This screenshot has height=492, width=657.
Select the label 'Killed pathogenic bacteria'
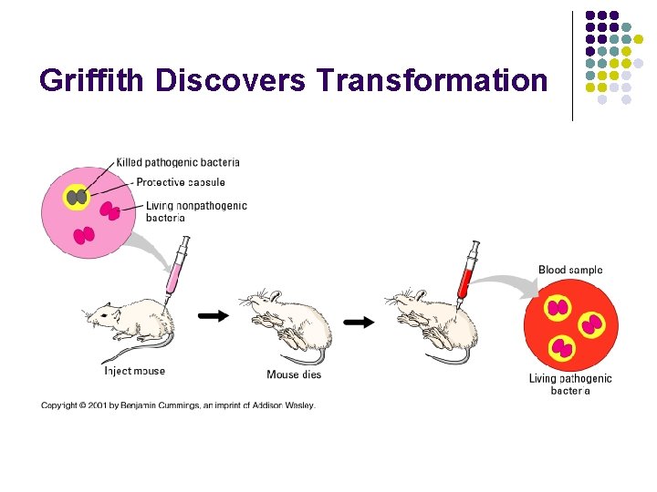point(178,162)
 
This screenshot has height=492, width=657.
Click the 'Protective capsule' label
point(182,182)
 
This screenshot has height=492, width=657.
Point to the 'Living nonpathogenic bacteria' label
point(195,211)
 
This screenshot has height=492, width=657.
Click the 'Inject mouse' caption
point(135,371)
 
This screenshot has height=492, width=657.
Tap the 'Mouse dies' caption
point(294,374)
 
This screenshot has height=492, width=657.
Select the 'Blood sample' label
point(570,270)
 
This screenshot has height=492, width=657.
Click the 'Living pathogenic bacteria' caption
point(570,384)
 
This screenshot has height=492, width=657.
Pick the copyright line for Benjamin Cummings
point(178,405)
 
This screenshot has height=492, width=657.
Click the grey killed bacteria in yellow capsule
point(78,197)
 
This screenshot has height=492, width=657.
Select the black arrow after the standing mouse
point(214,315)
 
